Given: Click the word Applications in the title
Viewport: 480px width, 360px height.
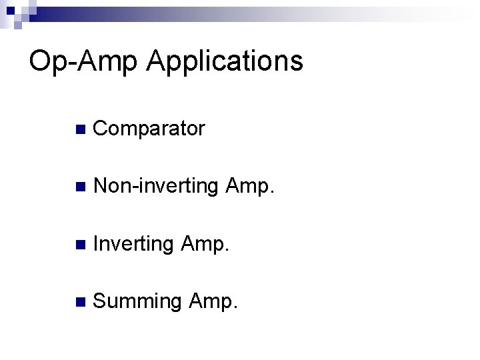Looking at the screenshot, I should point(225,63).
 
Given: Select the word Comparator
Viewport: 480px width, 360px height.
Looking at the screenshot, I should point(149,129).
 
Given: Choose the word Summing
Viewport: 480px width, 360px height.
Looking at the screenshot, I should point(137,303).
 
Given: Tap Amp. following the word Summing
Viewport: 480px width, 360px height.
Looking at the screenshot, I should point(212,303).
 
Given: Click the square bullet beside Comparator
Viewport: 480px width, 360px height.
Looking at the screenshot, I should point(80,129).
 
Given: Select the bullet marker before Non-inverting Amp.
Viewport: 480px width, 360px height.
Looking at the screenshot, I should point(80,187).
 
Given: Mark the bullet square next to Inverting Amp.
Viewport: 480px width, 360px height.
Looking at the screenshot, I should point(80,245).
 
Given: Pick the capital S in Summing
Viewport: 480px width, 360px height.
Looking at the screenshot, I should point(101,302).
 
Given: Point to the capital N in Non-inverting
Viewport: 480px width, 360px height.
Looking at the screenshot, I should point(102,187).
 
